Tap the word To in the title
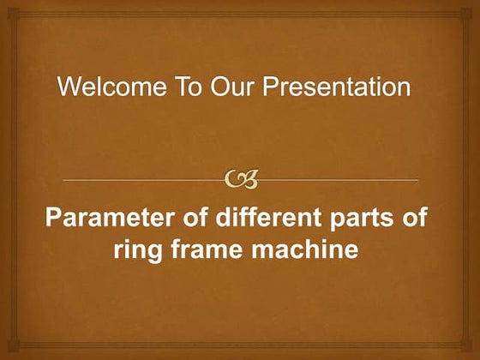coord(166,87)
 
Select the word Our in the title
coord(208,87)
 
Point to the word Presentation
coord(328,87)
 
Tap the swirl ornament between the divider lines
coord(239,179)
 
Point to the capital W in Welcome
coord(68,87)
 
